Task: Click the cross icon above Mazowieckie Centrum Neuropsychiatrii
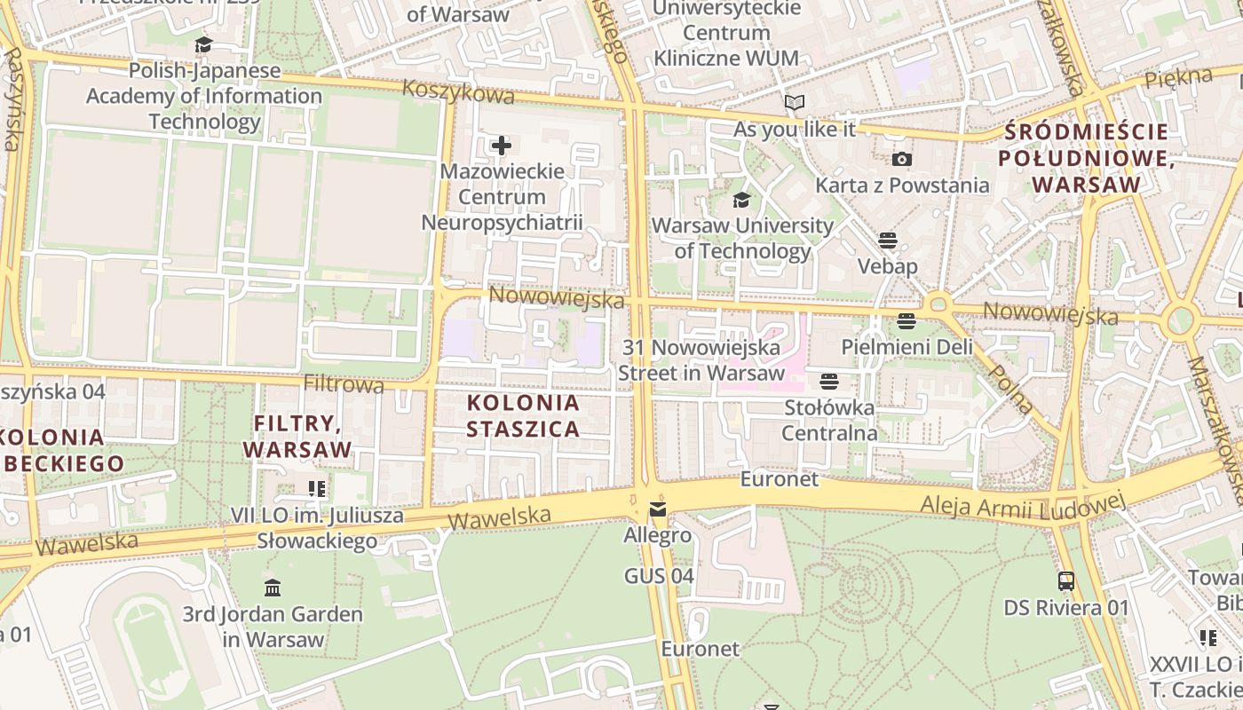(502, 145)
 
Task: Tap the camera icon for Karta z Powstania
(901, 159)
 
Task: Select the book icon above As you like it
(794, 103)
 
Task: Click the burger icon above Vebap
(887, 240)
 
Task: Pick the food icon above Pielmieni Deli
(907, 320)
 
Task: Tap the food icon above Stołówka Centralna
(829, 382)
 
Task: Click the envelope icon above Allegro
(657, 509)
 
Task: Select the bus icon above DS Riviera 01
(1066, 581)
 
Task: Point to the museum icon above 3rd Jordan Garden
(273, 588)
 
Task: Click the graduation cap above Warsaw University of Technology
(741, 200)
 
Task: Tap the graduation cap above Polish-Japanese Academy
(204, 44)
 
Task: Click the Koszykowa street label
(458, 91)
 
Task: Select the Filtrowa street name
(344, 384)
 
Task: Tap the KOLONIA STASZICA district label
(524, 415)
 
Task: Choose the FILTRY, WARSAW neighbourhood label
(297, 436)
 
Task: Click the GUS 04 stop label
(658, 576)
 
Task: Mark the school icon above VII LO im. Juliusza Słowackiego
(317, 488)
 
